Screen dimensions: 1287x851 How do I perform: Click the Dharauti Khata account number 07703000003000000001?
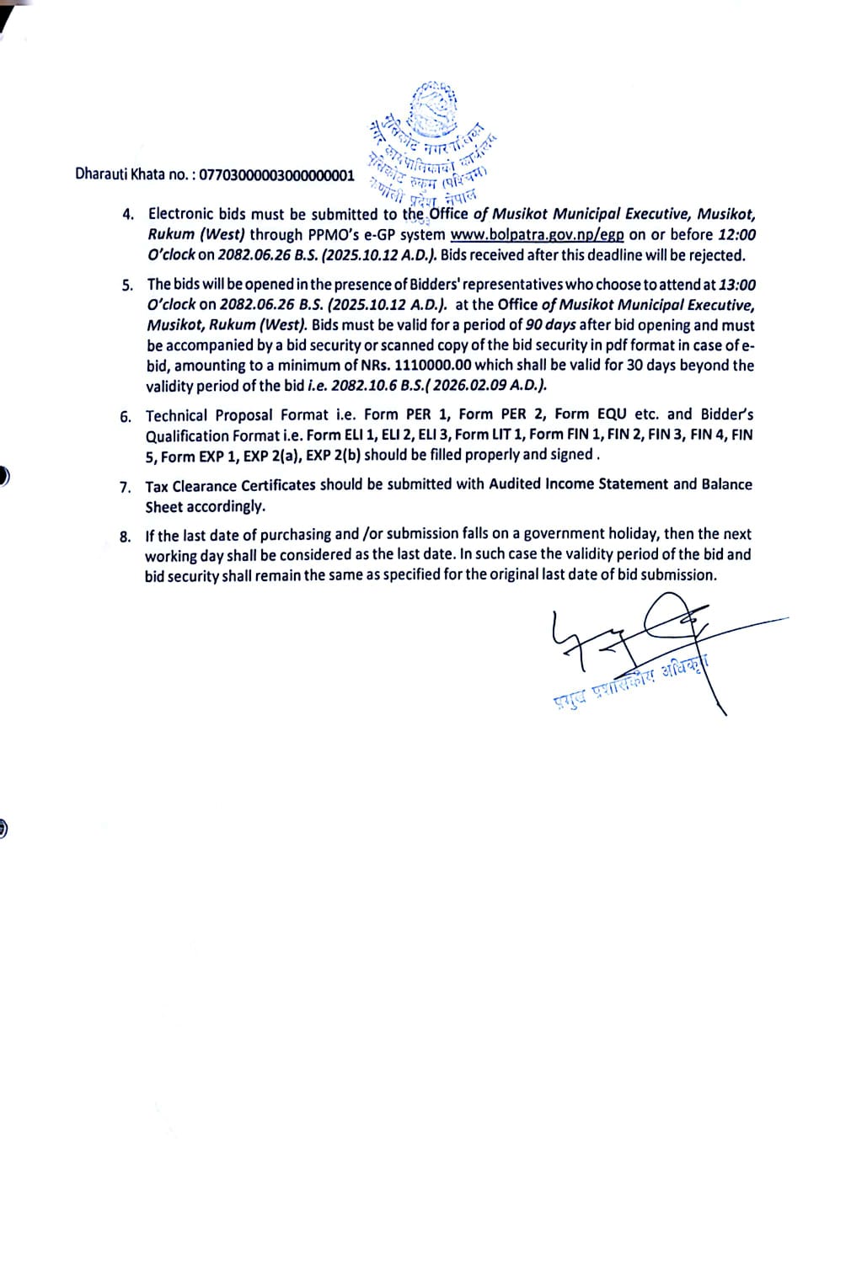point(276,174)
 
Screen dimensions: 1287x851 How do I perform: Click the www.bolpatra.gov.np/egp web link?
point(537,235)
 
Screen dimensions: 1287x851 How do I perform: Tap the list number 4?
point(128,214)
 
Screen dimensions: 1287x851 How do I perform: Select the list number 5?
point(127,285)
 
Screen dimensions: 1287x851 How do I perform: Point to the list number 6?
point(126,416)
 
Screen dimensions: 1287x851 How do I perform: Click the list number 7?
point(126,487)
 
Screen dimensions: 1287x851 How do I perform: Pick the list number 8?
point(126,536)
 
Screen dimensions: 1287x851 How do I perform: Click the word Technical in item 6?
point(177,415)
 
